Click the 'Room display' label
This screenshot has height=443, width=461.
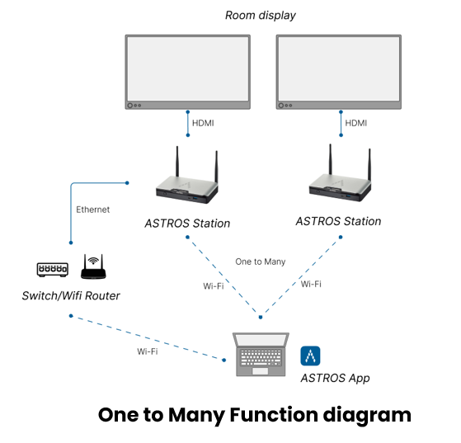(261, 16)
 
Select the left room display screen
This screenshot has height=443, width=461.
(188, 72)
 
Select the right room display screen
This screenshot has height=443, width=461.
(339, 72)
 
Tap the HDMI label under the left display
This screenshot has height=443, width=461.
(203, 123)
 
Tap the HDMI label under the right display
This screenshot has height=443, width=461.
(355, 123)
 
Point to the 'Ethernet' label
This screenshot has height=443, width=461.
(93, 210)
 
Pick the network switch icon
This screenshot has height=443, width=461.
(53, 270)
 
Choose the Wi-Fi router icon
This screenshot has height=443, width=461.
(93, 266)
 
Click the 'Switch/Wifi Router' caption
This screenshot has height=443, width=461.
(71, 295)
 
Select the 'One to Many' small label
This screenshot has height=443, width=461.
(261, 262)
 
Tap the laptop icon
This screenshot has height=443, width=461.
(261, 355)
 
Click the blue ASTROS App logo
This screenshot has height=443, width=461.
(310, 356)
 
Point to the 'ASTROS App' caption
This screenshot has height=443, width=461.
(335, 379)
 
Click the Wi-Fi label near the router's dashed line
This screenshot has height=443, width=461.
(148, 351)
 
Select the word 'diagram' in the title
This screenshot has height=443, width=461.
(367, 416)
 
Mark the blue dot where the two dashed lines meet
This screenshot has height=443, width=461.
(261, 317)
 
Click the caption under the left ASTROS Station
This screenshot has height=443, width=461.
(187, 224)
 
